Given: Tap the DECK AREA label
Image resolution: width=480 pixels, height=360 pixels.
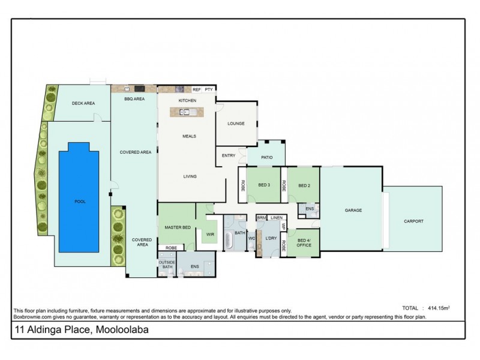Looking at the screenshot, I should (83, 103).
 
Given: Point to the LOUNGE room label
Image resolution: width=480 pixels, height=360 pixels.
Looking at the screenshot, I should (236, 124).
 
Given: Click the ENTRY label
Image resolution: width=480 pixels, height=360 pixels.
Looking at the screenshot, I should (228, 155).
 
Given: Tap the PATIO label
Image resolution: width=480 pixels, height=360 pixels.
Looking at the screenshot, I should (267, 158).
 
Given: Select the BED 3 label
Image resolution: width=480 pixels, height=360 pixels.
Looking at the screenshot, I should (264, 185).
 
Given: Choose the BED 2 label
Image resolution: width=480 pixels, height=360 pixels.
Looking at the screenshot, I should (304, 185).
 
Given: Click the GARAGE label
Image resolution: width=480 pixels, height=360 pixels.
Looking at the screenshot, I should (352, 211).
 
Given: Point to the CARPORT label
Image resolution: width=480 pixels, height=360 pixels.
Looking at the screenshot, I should (413, 221).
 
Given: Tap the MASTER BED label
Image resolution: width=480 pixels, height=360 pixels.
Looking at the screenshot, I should (178, 226).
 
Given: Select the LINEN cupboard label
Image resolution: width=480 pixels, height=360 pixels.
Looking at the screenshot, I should (276, 217).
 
